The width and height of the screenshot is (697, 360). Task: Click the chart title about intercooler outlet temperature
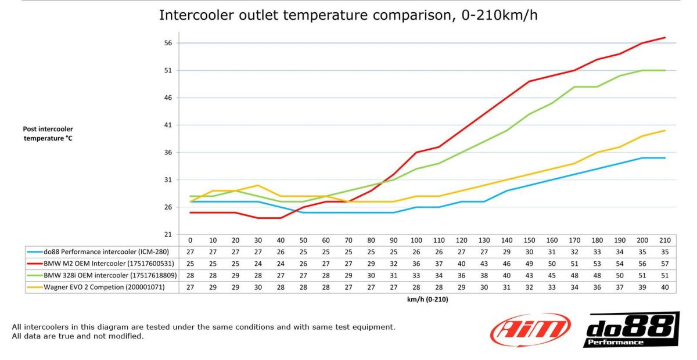point(348,16)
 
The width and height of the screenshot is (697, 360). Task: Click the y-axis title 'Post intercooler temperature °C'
point(48,134)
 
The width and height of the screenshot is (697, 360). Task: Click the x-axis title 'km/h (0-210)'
point(427,300)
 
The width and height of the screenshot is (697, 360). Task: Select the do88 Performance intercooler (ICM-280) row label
point(106,252)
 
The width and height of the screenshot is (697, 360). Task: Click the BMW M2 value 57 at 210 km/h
point(665,263)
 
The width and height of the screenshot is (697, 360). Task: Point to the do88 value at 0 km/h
point(190,252)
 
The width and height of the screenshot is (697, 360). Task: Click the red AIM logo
point(530,330)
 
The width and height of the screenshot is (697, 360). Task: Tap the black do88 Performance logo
point(631,330)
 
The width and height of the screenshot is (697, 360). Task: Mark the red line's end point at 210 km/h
point(665,38)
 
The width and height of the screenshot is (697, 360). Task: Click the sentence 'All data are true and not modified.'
point(77,336)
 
